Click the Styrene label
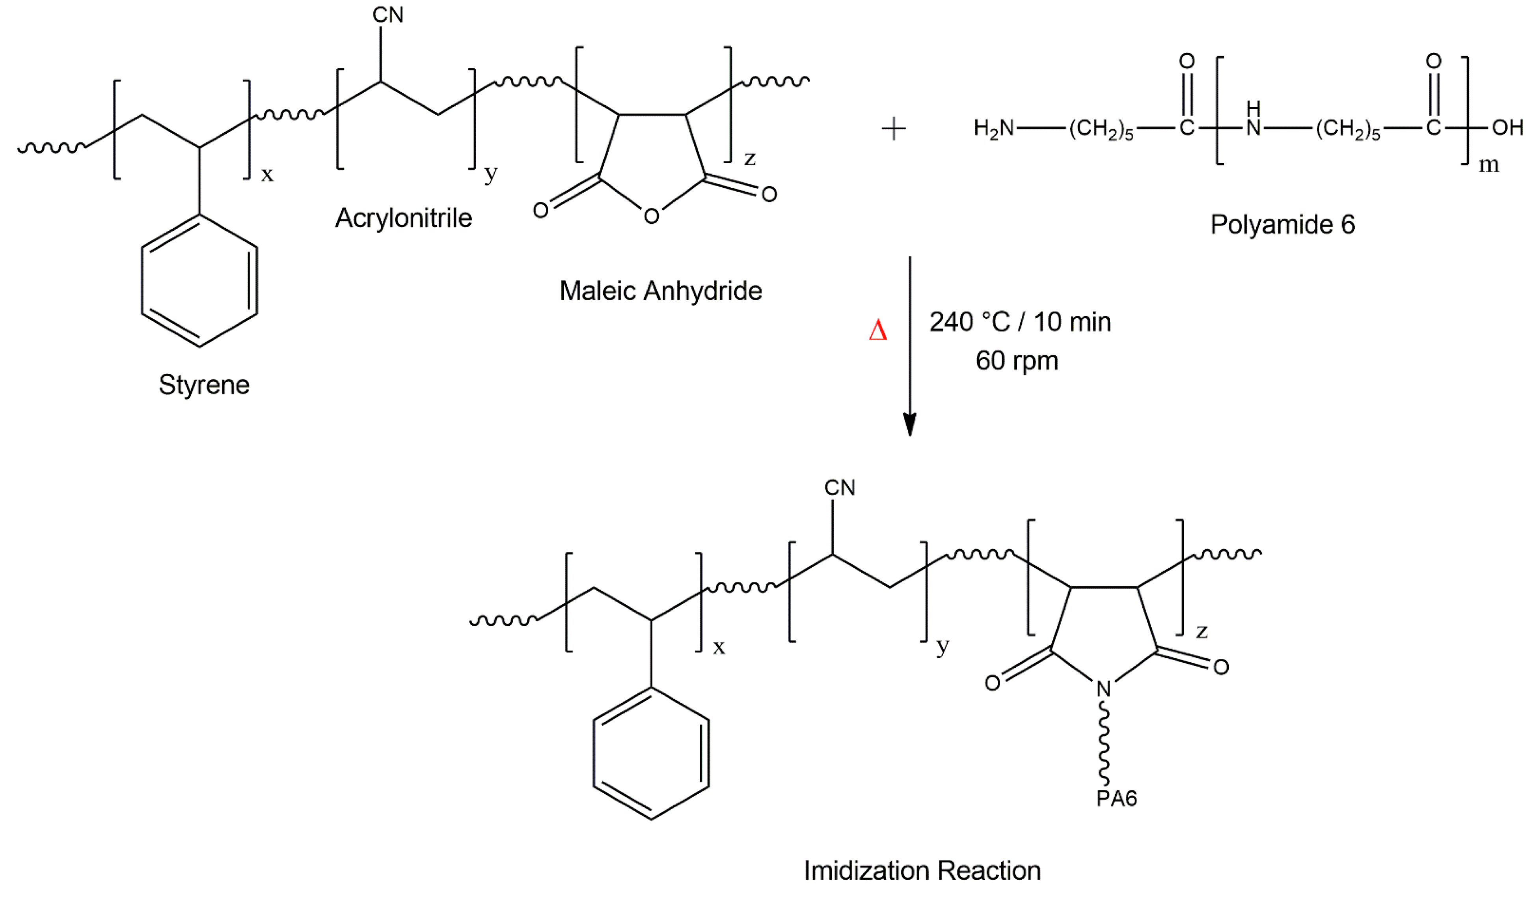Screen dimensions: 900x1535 204,385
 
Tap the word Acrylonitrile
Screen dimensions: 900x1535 403,218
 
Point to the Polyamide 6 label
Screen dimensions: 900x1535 1282,225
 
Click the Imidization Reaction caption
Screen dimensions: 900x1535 922,871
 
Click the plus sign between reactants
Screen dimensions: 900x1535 894,129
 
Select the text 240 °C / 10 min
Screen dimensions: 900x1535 1020,322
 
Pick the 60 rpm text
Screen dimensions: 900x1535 1017,361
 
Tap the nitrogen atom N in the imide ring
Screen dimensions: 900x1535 1104,689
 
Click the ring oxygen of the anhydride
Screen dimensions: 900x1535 651,216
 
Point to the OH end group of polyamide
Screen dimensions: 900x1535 1507,128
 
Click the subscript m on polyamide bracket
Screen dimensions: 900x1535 1489,164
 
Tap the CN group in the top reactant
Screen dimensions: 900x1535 388,15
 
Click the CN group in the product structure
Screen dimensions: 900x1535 839,487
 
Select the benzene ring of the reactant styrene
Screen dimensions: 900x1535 199,280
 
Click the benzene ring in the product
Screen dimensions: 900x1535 651,753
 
